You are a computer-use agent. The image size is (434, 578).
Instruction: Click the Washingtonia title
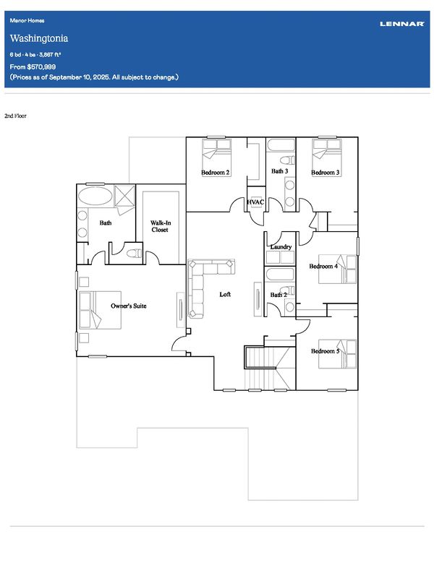[39, 38]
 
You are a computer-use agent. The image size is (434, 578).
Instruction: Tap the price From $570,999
[33, 66]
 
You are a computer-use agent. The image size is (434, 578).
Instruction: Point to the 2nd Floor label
[15, 116]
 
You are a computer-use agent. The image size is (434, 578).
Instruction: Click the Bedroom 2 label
[216, 173]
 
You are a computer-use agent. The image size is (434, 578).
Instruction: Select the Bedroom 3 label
[325, 173]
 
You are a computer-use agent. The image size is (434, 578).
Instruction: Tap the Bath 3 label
[279, 171]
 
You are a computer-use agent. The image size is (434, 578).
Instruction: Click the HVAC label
[255, 202]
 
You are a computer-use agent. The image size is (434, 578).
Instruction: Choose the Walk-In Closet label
[160, 226]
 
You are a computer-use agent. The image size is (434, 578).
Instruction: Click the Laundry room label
[281, 246]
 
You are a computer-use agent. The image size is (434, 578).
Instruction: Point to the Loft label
[225, 294]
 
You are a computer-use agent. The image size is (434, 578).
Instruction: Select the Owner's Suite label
[129, 306]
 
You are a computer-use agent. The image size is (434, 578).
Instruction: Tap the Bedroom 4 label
[323, 266]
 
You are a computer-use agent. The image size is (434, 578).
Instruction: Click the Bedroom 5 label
[325, 351]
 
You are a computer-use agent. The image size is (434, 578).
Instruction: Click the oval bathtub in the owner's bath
[95, 196]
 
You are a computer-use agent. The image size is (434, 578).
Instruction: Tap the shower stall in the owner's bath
[124, 196]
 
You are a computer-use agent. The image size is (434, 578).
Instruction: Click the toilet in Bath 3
[287, 160]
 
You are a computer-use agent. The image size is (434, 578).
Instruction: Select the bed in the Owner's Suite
[100, 310]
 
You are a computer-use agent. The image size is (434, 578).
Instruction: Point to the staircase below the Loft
[270, 368]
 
